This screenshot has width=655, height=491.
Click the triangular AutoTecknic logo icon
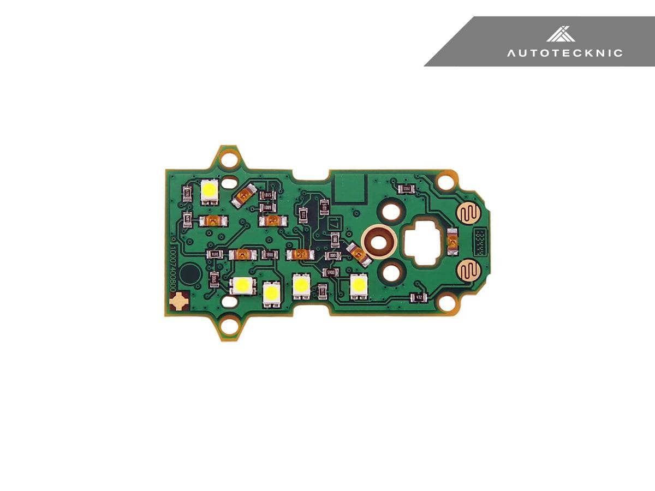(x=561, y=34)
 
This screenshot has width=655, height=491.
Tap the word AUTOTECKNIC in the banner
(x=564, y=53)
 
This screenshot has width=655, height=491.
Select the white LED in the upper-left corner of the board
(x=209, y=191)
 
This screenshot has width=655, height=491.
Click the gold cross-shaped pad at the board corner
(x=178, y=301)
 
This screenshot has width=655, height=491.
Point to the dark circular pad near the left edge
(x=190, y=273)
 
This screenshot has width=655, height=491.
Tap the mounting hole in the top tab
(x=230, y=160)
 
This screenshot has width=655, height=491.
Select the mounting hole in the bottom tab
(x=230, y=327)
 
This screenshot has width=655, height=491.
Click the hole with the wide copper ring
(x=380, y=241)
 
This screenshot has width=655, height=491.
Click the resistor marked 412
(x=418, y=297)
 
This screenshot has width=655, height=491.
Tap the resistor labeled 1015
(x=267, y=195)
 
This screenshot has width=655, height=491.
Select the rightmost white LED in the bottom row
(x=359, y=285)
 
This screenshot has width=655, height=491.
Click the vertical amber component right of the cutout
(x=451, y=242)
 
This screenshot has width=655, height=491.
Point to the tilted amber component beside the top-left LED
(x=244, y=194)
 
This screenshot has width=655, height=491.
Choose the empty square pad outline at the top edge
(x=349, y=187)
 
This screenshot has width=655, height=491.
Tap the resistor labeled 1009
(x=267, y=207)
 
